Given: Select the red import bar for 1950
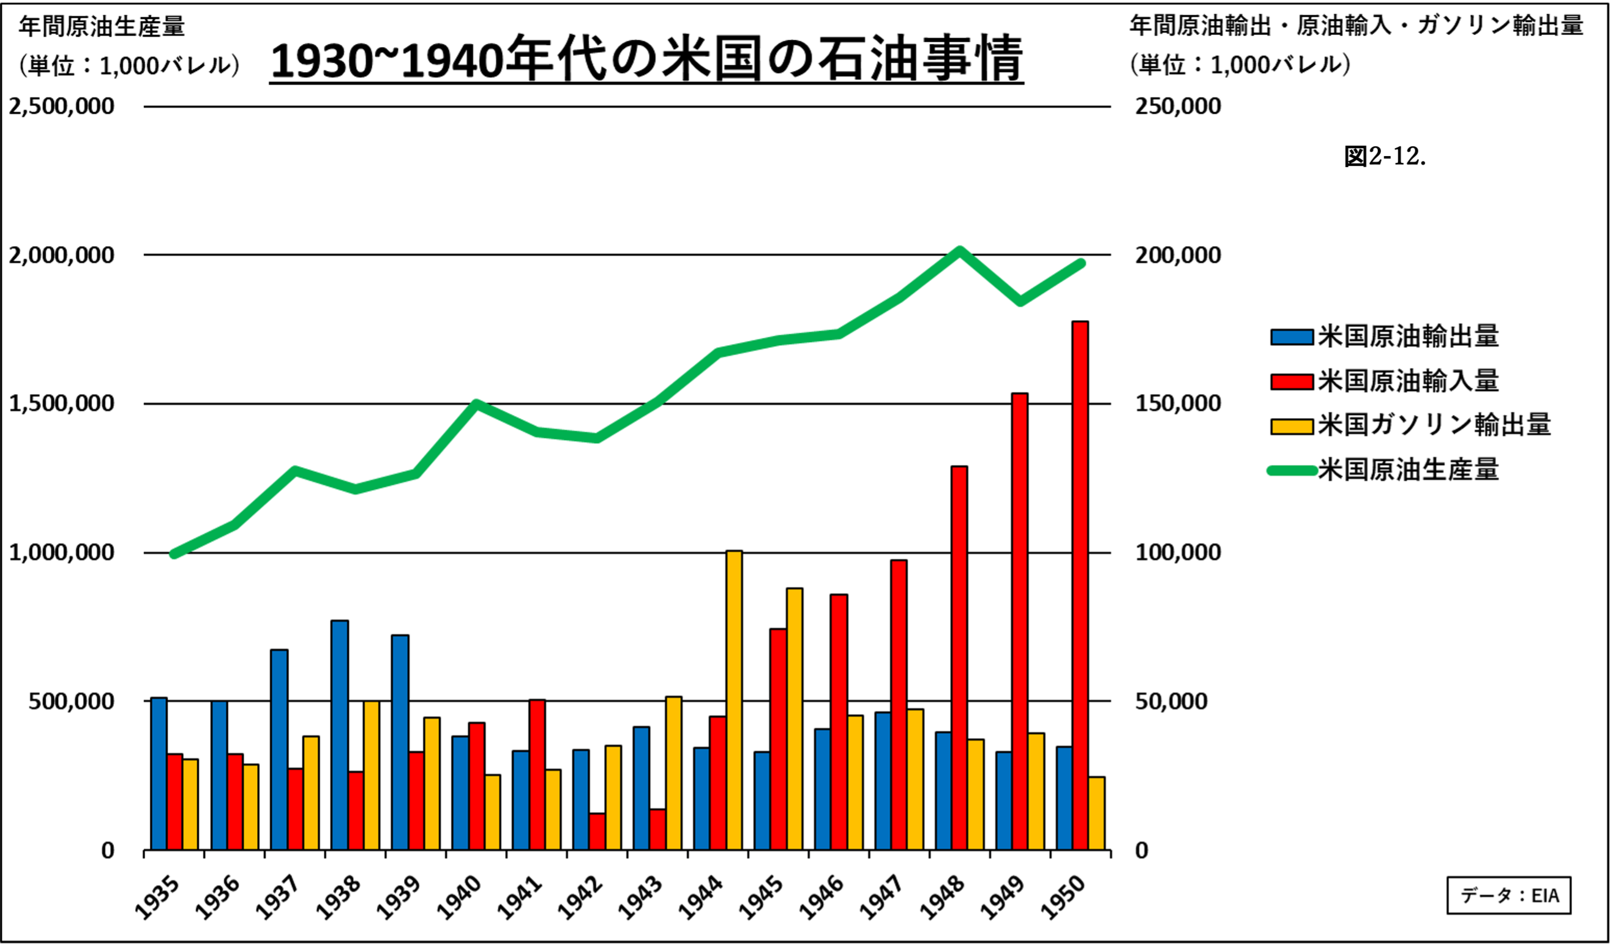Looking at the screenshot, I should coord(1080,586).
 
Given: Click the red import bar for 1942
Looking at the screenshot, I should coord(597,832).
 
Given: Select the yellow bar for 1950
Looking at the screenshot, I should coord(1096,813).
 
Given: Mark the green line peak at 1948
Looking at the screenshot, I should coord(959,250).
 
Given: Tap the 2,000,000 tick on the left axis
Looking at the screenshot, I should coord(61,255).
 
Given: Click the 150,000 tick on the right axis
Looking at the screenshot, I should coord(1178,403).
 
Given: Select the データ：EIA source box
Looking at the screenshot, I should coord(1509,895).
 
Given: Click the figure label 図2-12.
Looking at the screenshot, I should coord(1385,156).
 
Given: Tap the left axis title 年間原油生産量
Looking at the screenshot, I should coord(102,27).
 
